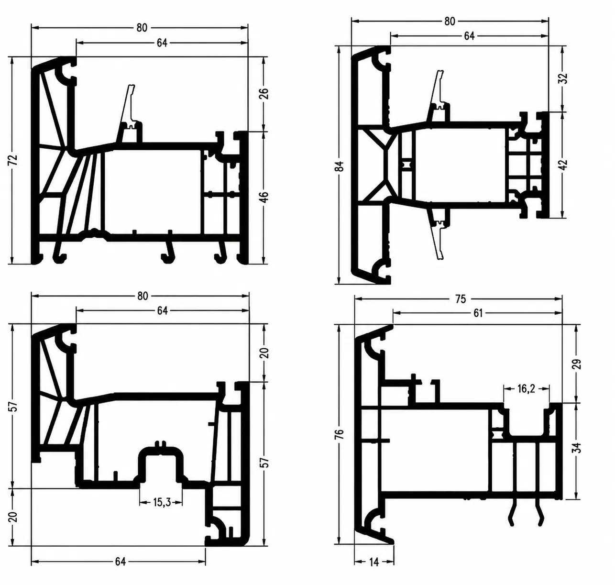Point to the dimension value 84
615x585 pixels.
pos(340,166)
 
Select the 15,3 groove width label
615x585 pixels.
pos(162,503)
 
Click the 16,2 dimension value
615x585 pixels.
pos(526,389)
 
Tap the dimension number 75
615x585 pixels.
pos(460,299)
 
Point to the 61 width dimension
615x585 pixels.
pos(478,313)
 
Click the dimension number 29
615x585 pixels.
pos(578,364)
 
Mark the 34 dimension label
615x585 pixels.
pos(578,448)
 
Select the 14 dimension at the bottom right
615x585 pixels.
pos(374,563)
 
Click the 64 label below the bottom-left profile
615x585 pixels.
pos(121,562)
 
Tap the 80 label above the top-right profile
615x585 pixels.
pos(450,21)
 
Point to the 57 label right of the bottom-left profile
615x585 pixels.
pos(264,463)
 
